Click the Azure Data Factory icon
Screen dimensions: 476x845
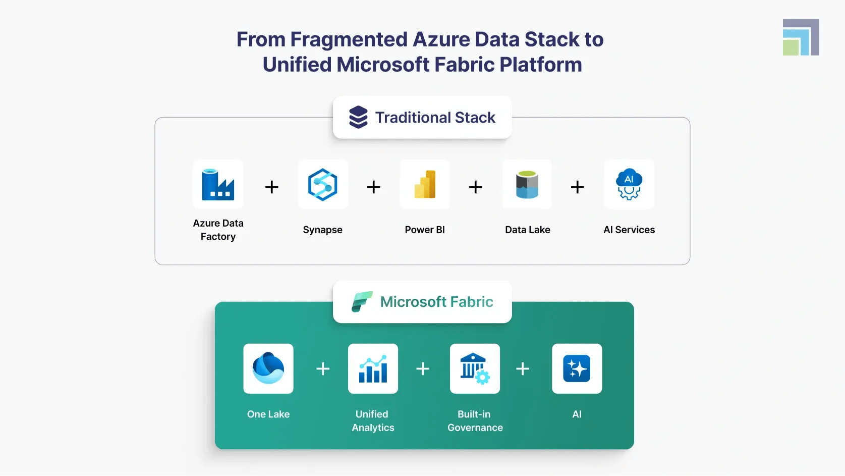point(218,185)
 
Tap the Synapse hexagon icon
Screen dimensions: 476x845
point(323,185)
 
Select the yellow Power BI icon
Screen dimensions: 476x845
point(425,185)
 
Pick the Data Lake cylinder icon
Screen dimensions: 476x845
point(527,185)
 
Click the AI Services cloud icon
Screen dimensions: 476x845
point(629,185)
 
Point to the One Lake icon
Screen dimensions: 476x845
point(268,368)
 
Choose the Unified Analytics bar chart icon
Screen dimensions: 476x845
point(373,368)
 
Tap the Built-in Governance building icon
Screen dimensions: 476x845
point(475,368)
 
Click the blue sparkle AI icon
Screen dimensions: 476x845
point(577,368)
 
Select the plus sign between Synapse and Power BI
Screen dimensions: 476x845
point(374,187)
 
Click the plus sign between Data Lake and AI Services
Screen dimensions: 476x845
point(578,187)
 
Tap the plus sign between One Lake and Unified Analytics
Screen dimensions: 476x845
point(323,369)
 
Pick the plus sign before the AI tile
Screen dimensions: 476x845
point(523,369)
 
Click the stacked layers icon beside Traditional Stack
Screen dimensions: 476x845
point(358,117)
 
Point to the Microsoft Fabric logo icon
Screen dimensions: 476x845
point(362,302)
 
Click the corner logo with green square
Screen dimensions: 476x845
point(801,38)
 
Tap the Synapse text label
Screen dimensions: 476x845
point(323,230)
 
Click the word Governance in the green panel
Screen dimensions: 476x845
point(475,428)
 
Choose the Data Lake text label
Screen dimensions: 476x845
point(528,230)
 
